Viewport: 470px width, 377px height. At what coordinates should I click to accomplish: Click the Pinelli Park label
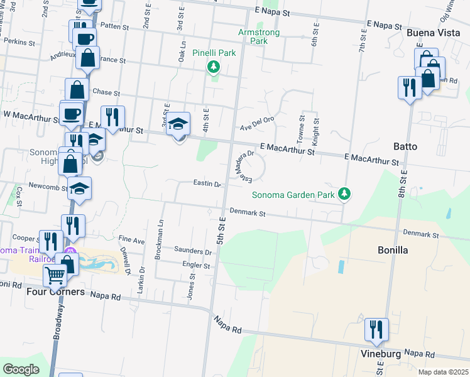point(214,53)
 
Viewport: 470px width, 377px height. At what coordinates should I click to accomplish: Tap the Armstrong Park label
point(253,36)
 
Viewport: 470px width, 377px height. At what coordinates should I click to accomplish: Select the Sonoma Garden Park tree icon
point(344,194)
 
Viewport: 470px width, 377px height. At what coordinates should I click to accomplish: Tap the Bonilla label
point(393,250)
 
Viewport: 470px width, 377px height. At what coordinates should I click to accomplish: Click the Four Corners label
point(55,292)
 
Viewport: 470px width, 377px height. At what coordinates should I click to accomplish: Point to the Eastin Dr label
point(207,185)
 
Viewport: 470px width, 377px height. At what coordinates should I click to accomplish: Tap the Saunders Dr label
point(193,251)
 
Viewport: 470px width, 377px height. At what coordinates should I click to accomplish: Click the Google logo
point(21,369)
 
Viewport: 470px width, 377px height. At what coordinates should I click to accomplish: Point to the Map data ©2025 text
point(443,372)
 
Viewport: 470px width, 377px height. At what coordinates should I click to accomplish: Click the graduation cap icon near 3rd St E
point(179,124)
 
